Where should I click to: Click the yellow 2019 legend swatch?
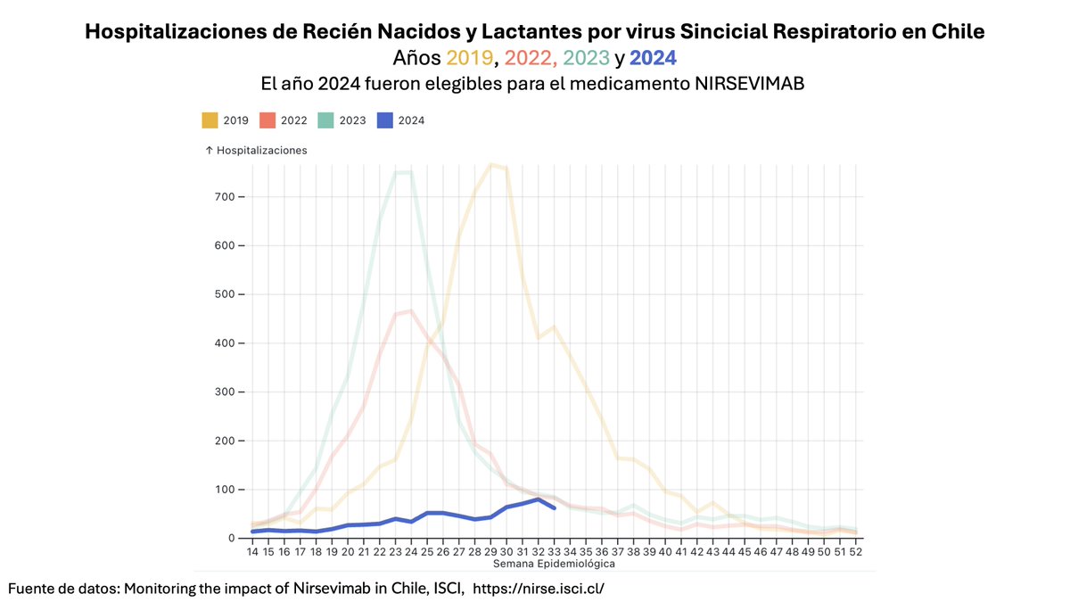point(210,120)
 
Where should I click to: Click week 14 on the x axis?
point(253,552)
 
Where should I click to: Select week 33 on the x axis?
point(555,552)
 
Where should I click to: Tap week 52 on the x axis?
point(856,552)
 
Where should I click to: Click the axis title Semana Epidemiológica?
point(554,564)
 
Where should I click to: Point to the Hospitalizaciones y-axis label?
point(256,151)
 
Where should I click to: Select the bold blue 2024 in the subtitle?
point(653,59)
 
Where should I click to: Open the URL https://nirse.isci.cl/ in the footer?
point(539,589)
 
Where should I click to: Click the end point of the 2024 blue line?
point(555,507)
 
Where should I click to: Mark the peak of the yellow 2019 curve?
point(491,164)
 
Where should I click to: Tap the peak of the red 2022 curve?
point(411,311)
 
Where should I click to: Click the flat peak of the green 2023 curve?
point(403,172)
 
